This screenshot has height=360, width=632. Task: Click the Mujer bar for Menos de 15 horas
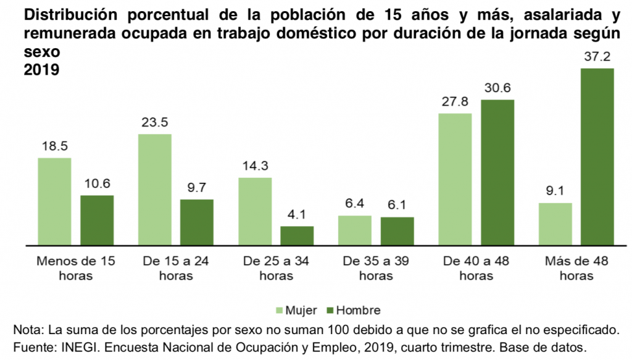(54, 201)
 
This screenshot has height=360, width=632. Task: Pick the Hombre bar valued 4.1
(297, 236)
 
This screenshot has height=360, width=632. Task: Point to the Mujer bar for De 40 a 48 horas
(455, 179)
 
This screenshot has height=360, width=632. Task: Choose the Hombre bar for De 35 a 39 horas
(397, 231)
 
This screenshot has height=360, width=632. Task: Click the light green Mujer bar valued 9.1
(555, 224)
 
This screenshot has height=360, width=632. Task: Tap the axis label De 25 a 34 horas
(276, 268)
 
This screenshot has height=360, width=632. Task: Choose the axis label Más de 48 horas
(576, 268)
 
